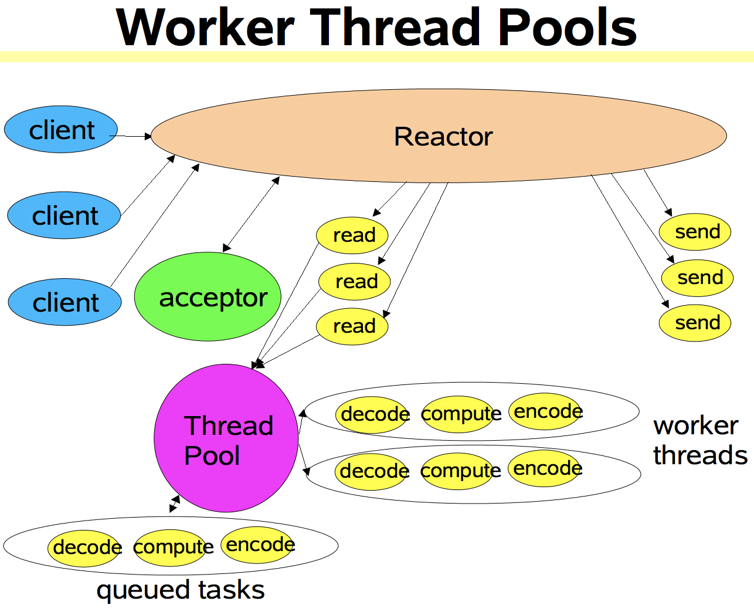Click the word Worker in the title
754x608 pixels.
(x=205, y=28)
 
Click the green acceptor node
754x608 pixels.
(x=208, y=297)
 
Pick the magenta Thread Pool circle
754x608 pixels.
(x=226, y=438)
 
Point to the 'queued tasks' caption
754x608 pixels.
(x=181, y=590)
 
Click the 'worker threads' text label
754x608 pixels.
(x=699, y=440)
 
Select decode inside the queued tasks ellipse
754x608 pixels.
(x=86, y=548)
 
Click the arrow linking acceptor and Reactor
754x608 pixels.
(x=252, y=214)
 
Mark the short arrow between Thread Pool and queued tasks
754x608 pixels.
(x=175, y=504)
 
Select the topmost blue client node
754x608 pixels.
(x=61, y=130)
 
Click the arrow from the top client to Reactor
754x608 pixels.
(x=130, y=136)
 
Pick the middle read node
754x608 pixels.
(x=355, y=281)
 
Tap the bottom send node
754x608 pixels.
(x=695, y=323)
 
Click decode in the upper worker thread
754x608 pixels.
(x=373, y=414)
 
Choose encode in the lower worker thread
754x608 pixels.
(x=546, y=468)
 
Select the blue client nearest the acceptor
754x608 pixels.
(x=64, y=302)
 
